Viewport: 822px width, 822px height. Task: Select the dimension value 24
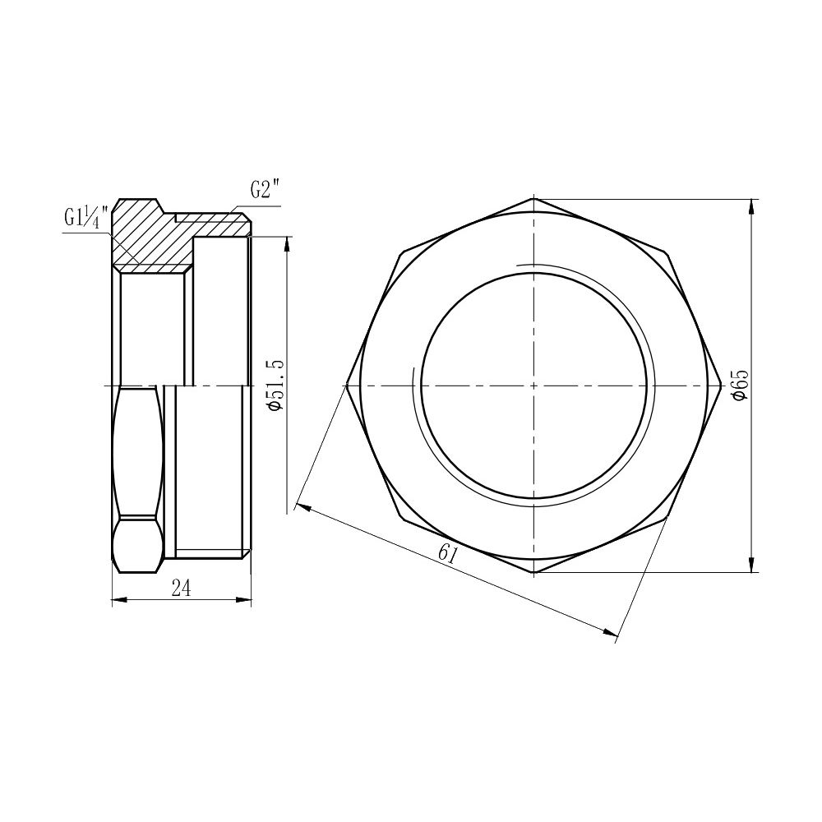click(x=181, y=587)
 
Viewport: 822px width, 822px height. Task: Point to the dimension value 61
click(x=447, y=553)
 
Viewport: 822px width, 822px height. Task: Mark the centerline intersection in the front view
click(x=534, y=385)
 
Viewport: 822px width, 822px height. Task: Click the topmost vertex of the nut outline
click(x=534, y=198)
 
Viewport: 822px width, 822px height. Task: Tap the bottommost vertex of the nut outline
click(x=534, y=572)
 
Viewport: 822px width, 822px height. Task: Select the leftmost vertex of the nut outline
click(x=347, y=385)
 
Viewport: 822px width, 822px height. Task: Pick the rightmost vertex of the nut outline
click(x=722, y=385)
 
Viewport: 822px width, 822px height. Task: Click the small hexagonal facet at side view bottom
click(x=138, y=543)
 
